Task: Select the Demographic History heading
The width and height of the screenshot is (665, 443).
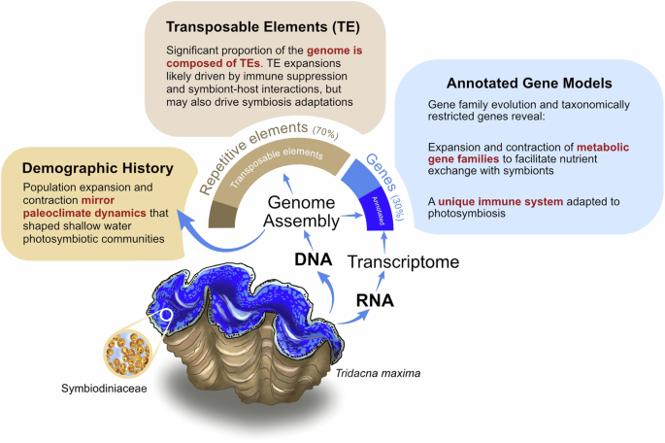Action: click(93, 166)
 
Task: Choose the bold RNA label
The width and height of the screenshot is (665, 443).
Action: click(372, 299)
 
